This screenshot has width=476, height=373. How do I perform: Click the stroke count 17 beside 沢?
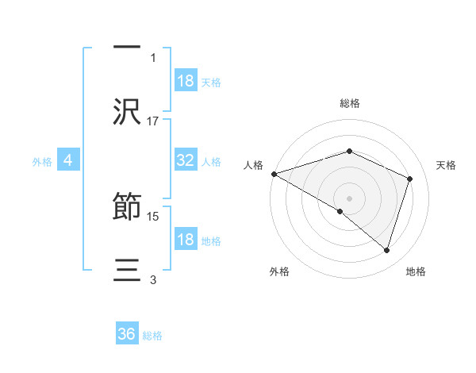tap(153, 121)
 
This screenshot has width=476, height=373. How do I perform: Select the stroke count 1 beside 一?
tap(153, 57)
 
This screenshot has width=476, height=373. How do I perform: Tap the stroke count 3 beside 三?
tap(153, 279)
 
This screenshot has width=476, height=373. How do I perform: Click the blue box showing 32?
tap(186, 160)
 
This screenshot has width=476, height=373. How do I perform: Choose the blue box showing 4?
tap(68, 160)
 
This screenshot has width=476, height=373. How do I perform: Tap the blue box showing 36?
tap(127, 335)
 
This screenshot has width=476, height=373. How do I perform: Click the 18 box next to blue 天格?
tap(186, 81)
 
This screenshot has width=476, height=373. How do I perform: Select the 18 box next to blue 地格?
tap(186, 240)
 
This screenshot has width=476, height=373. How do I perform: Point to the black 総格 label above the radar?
tap(349, 103)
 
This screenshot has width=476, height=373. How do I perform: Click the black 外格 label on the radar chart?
tap(279, 271)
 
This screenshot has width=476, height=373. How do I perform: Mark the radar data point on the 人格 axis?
tap(274, 174)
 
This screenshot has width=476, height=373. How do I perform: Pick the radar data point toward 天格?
tap(410, 179)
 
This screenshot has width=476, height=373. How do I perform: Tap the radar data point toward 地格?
tap(386, 250)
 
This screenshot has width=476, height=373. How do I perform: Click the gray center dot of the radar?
tap(349, 197)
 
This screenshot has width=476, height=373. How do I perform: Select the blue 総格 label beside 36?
tap(152, 336)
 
